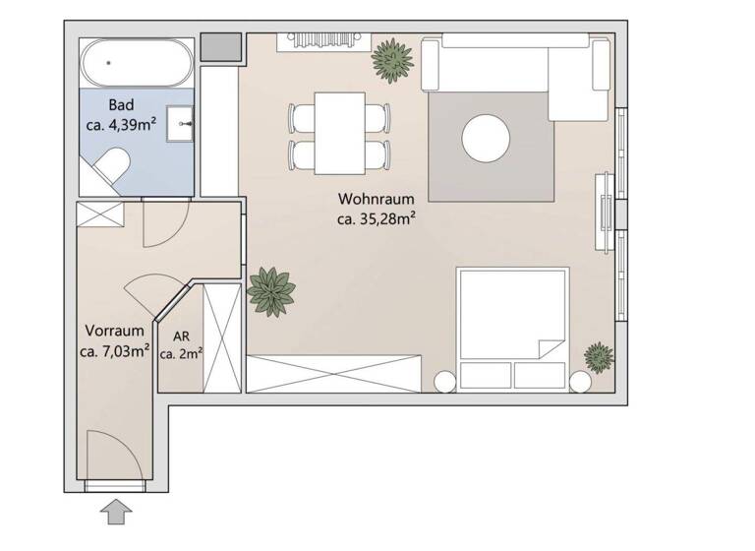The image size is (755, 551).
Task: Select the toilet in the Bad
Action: (x=110, y=168)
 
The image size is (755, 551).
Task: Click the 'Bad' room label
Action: (x=121, y=105)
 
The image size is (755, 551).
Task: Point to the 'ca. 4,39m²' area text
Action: (x=122, y=125)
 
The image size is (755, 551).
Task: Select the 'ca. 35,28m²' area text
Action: (x=375, y=219)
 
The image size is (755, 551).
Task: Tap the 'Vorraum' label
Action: (x=115, y=331)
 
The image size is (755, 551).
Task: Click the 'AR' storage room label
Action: (x=181, y=335)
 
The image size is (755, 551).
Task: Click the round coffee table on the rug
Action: (x=487, y=140)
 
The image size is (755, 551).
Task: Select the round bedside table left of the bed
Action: (x=444, y=382)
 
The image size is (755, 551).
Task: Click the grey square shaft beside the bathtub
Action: (x=221, y=47)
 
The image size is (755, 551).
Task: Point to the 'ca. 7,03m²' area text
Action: (x=115, y=350)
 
